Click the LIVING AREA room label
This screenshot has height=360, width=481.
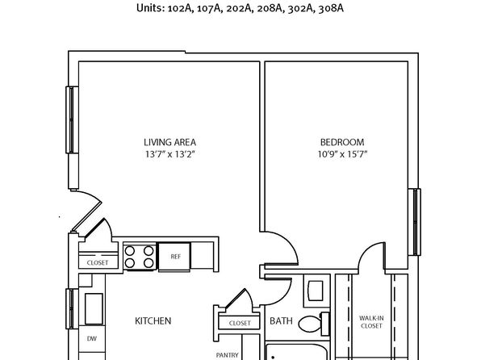pyautogui.click(x=169, y=142)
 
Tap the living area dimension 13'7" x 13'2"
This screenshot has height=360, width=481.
pyautogui.click(x=170, y=154)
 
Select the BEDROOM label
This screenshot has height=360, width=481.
pyautogui.click(x=342, y=142)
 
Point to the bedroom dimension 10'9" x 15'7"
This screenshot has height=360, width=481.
pyautogui.click(x=342, y=154)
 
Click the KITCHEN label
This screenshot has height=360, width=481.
pyautogui.click(x=153, y=321)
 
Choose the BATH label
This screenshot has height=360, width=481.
pyautogui.click(x=281, y=321)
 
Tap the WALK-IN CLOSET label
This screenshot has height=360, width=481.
pyautogui.click(x=371, y=322)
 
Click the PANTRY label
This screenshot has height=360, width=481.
pyautogui.click(x=228, y=355)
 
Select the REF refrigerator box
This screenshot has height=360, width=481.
pyautogui.click(x=174, y=257)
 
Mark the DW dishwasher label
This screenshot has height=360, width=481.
pyautogui.click(x=92, y=338)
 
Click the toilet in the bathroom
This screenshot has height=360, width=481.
pyautogui.click(x=314, y=324)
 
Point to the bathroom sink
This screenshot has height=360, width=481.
pyautogui.click(x=316, y=291)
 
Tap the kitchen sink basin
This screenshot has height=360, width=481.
pyautogui.click(x=94, y=309)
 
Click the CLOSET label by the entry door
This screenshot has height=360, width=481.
pyautogui.click(x=98, y=262)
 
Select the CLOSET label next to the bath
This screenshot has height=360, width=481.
pyautogui.click(x=240, y=323)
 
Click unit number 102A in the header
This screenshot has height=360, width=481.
pyautogui.click(x=180, y=9)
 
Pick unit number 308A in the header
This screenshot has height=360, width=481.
pyautogui.click(x=331, y=9)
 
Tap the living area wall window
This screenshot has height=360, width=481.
pyautogui.click(x=72, y=119)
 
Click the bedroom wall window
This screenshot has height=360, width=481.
pyautogui.click(x=415, y=222)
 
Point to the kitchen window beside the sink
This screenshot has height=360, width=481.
pyautogui.click(x=72, y=308)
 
